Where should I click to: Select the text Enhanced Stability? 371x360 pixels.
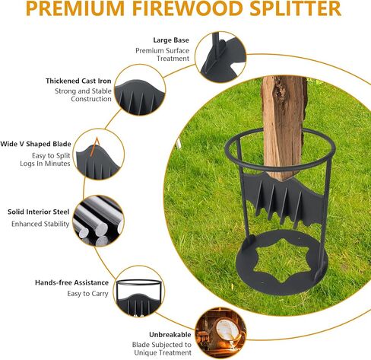(x=40, y=225)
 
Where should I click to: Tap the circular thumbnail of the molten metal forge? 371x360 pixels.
(x=220, y=333)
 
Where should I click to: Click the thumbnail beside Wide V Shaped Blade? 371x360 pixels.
(x=97, y=155)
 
